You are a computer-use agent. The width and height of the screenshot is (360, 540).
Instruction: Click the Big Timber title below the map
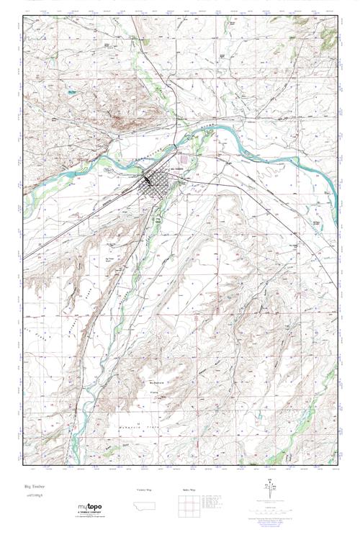[x=35, y=487]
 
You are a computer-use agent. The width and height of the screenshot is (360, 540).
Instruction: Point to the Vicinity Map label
[x=145, y=489]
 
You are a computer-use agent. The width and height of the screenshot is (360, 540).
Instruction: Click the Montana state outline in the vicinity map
[x=145, y=507]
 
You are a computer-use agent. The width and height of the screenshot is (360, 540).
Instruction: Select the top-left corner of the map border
[x=22, y=16]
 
